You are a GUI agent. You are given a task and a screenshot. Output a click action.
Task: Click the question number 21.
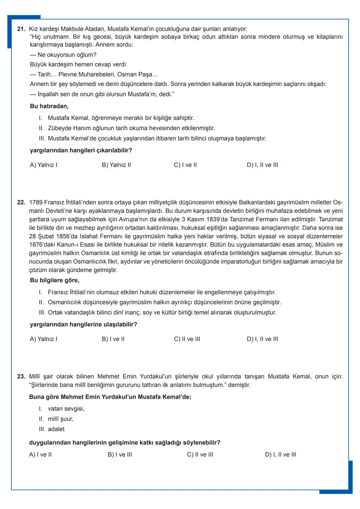21,29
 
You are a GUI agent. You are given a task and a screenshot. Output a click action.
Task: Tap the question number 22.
21,202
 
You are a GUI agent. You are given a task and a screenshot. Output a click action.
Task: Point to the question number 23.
21,376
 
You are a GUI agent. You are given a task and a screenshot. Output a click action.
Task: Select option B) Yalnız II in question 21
116,165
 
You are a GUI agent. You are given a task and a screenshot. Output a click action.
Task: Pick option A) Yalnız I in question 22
44,339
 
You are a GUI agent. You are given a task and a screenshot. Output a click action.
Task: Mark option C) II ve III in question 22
187,339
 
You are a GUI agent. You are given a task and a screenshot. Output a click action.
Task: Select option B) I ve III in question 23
120,455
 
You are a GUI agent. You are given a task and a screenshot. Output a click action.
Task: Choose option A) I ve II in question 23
40,455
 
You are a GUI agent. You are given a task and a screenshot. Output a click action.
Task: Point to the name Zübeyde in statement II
59,128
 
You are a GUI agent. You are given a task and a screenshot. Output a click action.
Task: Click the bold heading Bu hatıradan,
49,106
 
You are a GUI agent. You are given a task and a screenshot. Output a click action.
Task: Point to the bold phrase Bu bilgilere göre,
54,280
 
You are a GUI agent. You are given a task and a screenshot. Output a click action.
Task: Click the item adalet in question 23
56,429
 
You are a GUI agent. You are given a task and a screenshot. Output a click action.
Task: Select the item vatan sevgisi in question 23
66,409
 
